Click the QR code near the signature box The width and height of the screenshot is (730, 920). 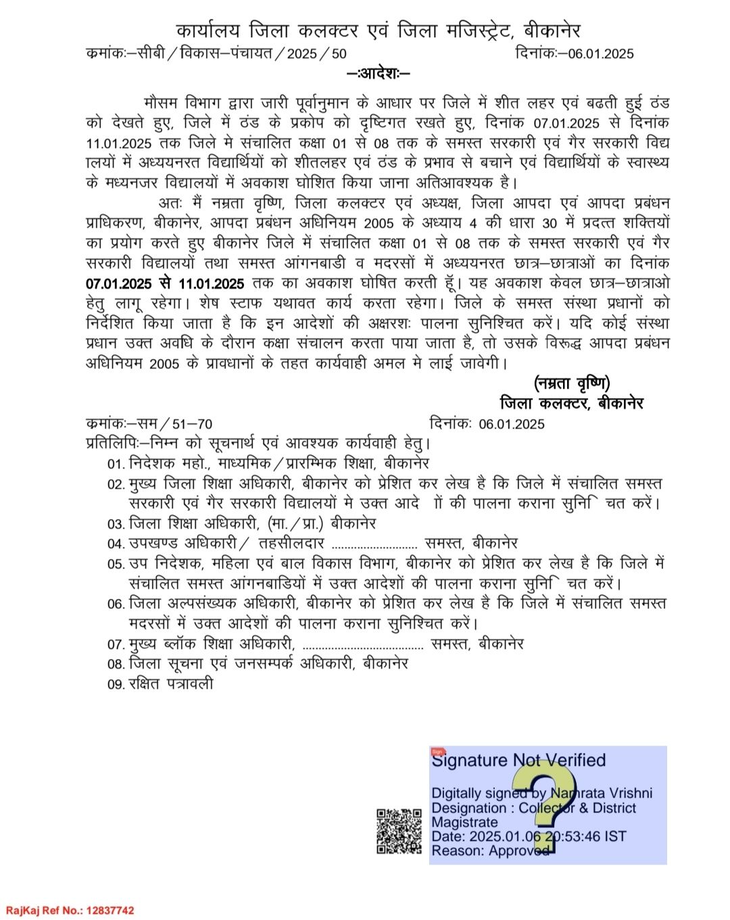[x=398, y=831]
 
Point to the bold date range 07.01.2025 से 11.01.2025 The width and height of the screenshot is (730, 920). [x=165, y=283]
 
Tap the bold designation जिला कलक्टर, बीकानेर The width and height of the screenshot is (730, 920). [x=572, y=404]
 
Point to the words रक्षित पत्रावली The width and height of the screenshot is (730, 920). [x=171, y=684]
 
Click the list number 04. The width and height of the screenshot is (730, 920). [x=116, y=544]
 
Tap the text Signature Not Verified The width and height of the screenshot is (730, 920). [x=518, y=760]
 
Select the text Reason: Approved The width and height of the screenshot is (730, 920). [x=490, y=851]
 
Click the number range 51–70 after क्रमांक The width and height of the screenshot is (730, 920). [x=193, y=425]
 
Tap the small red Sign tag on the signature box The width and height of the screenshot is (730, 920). [x=437, y=751]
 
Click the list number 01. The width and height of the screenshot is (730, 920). [x=116, y=464]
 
